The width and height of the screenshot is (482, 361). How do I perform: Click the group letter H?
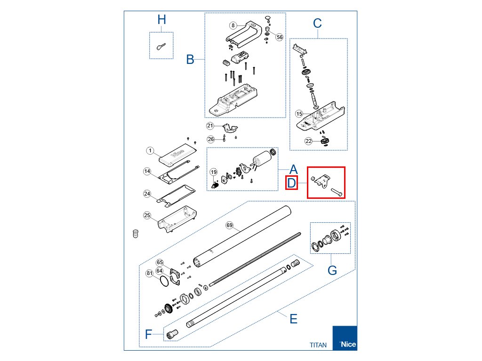coord(161,20)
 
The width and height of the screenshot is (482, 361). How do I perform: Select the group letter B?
coord(190,60)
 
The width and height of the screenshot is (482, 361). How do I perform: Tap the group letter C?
coord(317,23)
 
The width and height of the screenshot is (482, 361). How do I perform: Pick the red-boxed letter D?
coord(292,182)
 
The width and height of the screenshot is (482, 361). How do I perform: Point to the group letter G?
coord(332,271)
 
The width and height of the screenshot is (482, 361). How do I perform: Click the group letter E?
coord(293,319)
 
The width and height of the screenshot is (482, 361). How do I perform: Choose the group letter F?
coord(149,334)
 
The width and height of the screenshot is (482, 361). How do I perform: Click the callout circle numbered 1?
coord(150,151)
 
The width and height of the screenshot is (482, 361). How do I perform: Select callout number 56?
coord(279,37)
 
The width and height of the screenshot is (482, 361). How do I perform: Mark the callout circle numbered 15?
coord(299,114)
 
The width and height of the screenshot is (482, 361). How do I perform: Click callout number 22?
coord(308,141)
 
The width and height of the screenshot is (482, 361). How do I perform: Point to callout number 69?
coord(230,226)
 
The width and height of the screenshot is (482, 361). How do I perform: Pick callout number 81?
coord(150,273)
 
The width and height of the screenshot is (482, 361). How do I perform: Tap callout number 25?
coord(147,215)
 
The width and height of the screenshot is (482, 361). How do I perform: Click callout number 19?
coord(213,172)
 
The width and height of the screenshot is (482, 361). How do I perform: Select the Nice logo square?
coord(345,338)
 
